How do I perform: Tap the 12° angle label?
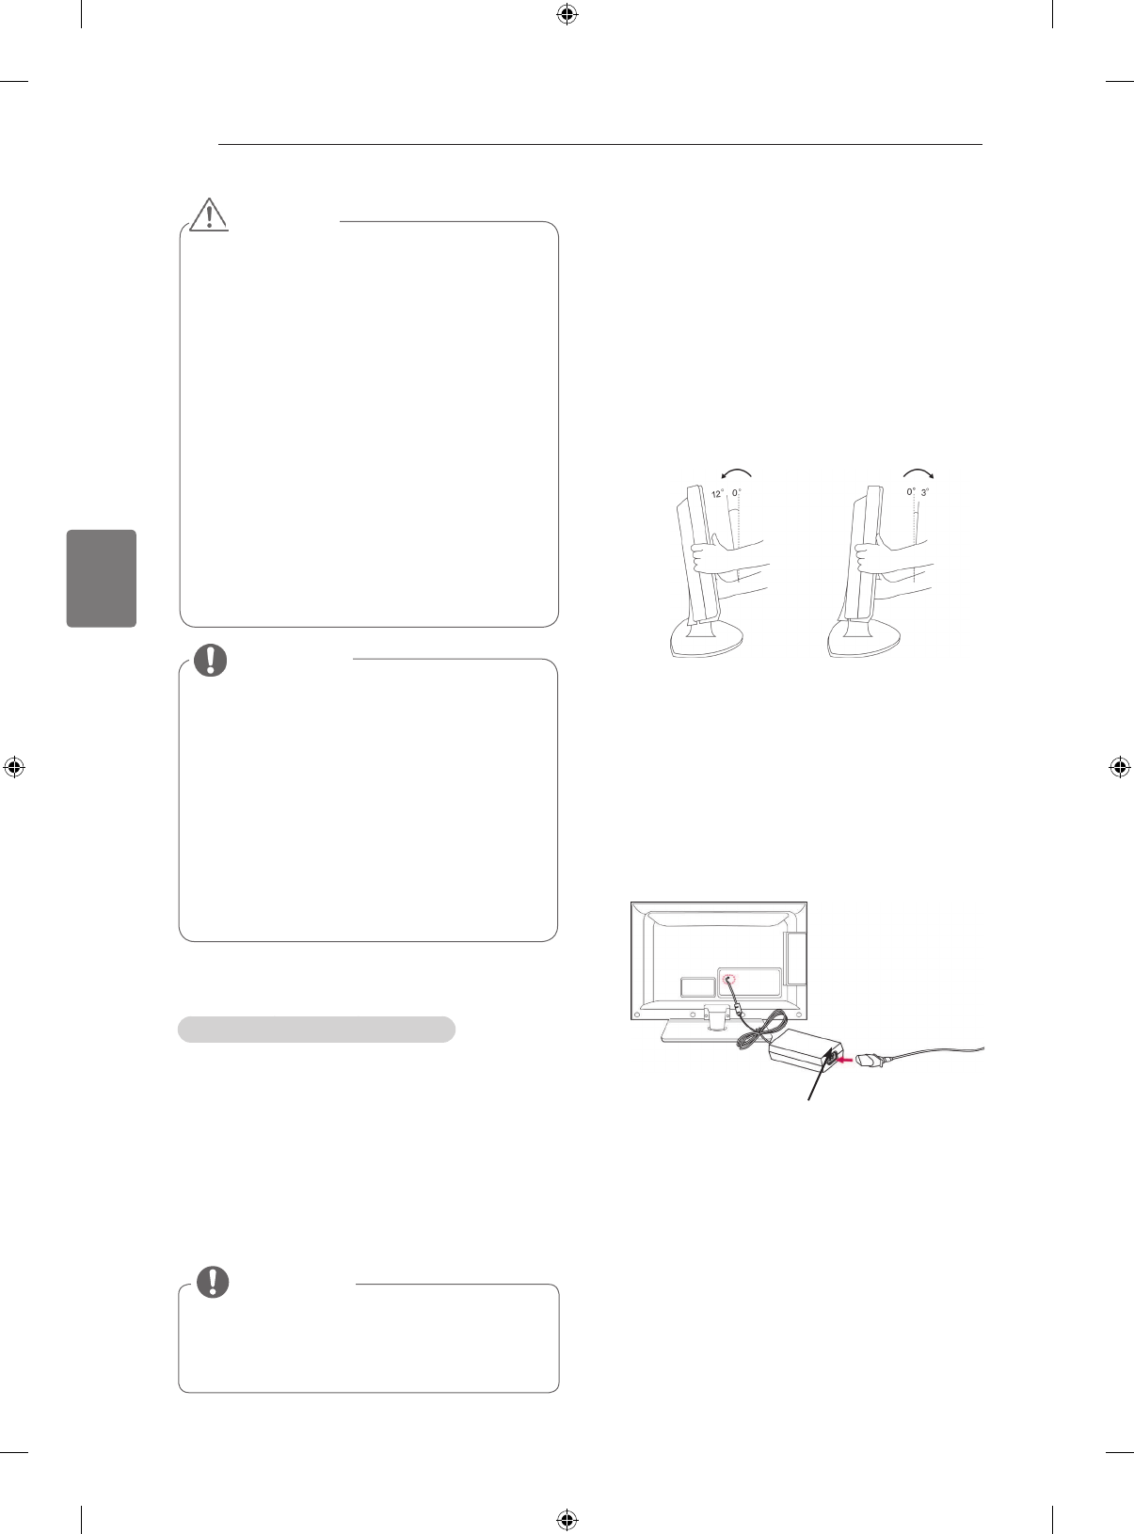(x=717, y=493)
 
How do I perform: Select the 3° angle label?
(x=926, y=492)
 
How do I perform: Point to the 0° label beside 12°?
(x=737, y=492)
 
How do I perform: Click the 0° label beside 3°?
(x=911, y=492)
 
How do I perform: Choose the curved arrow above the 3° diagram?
(x=918, y=472)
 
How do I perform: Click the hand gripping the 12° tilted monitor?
(x=706, y=559)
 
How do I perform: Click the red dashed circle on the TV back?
(x=730, y=980)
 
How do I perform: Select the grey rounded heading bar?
(x=317, y=1029)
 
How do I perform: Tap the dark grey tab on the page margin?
(x=102, y=578)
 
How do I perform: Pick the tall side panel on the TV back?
(x=796, y=957)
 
